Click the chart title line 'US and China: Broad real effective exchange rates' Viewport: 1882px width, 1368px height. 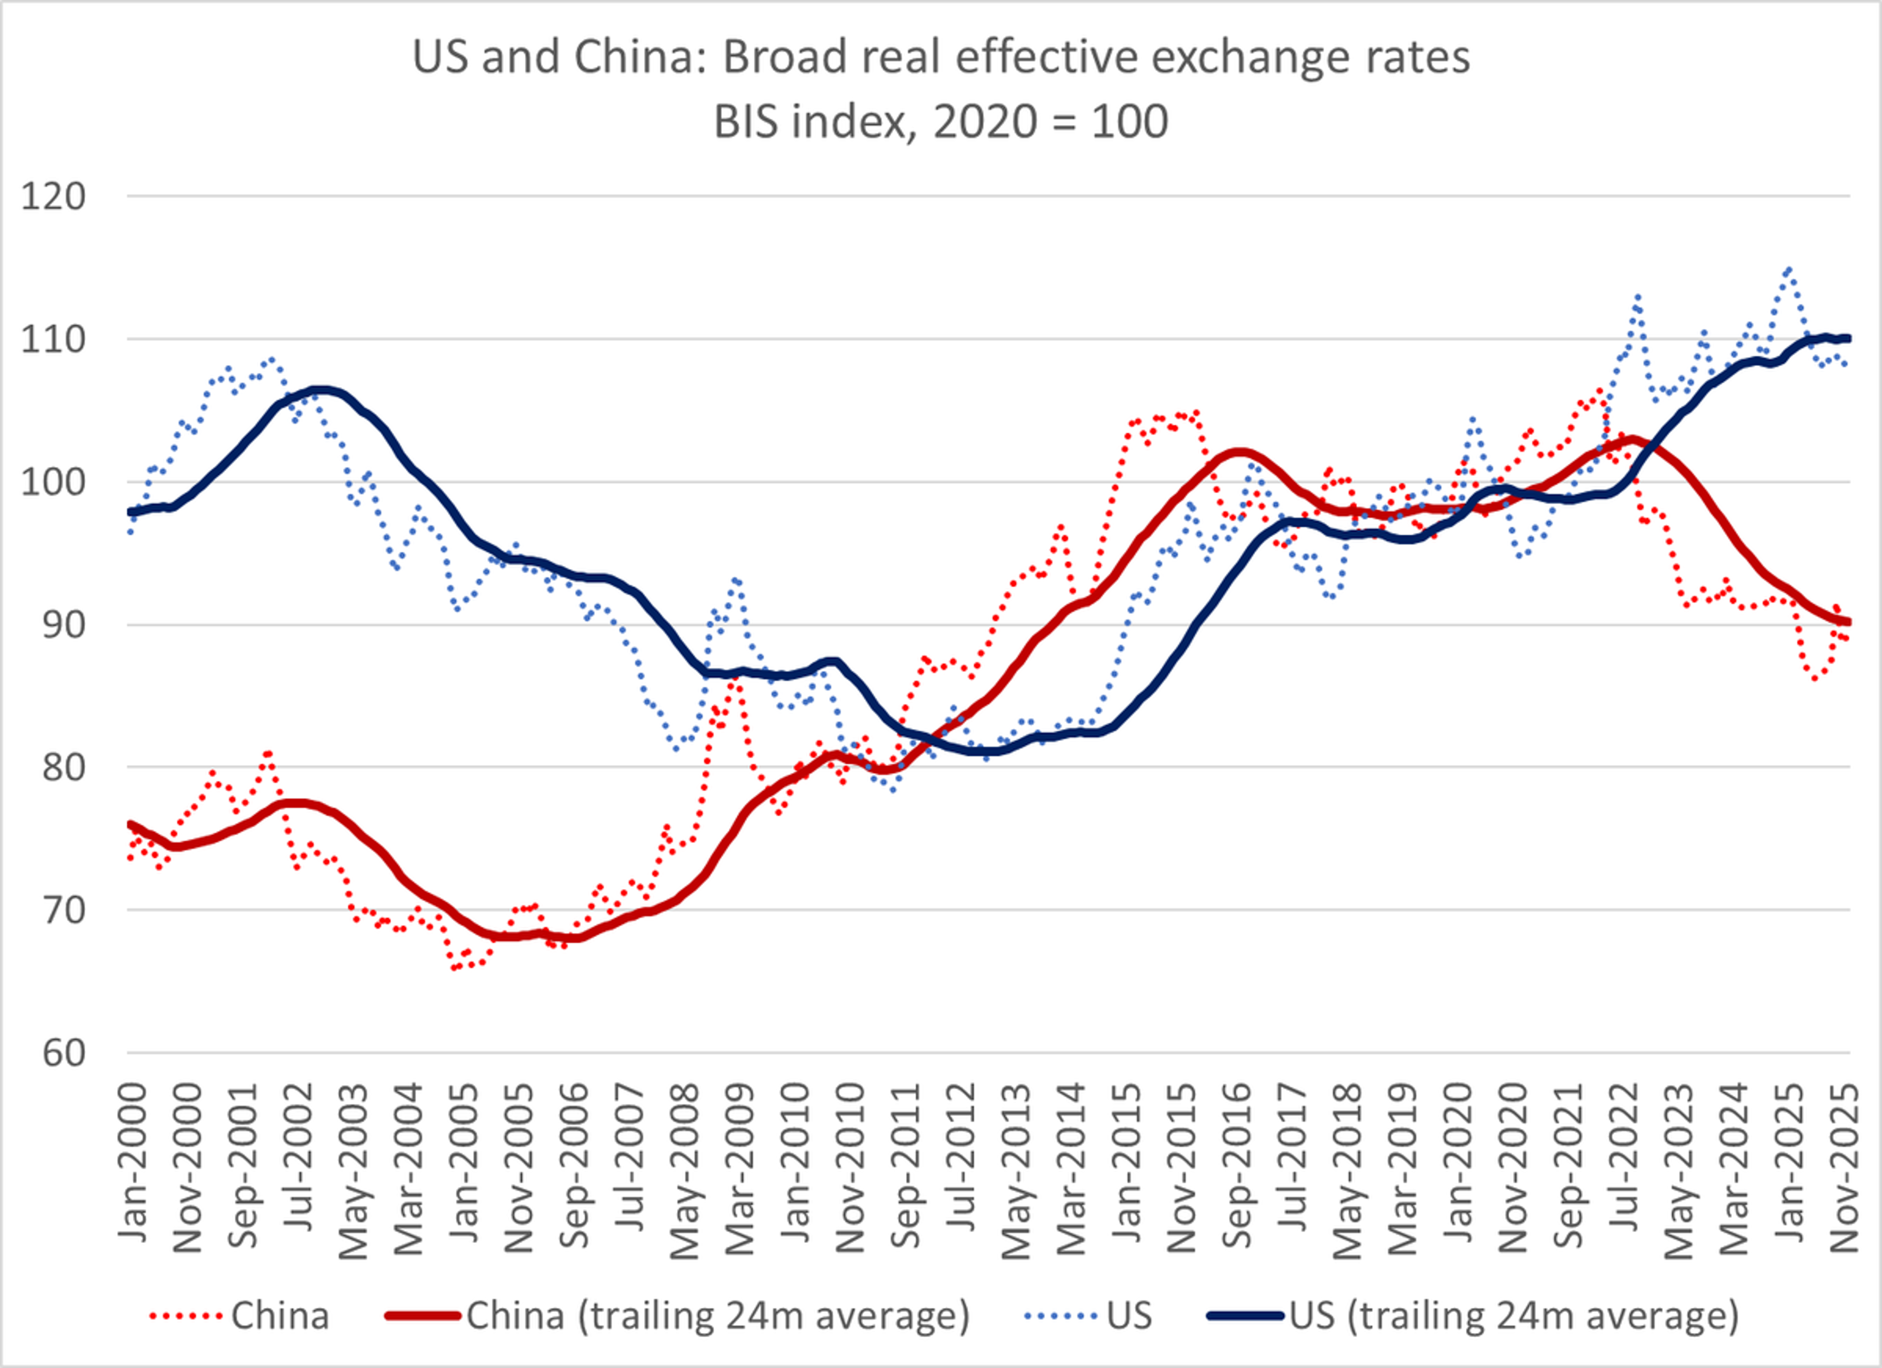941,57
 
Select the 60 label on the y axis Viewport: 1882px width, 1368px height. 63,1053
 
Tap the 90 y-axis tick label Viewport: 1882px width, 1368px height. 63,625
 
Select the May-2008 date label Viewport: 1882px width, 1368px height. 686,1170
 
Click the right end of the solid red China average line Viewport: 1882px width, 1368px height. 1849,622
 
